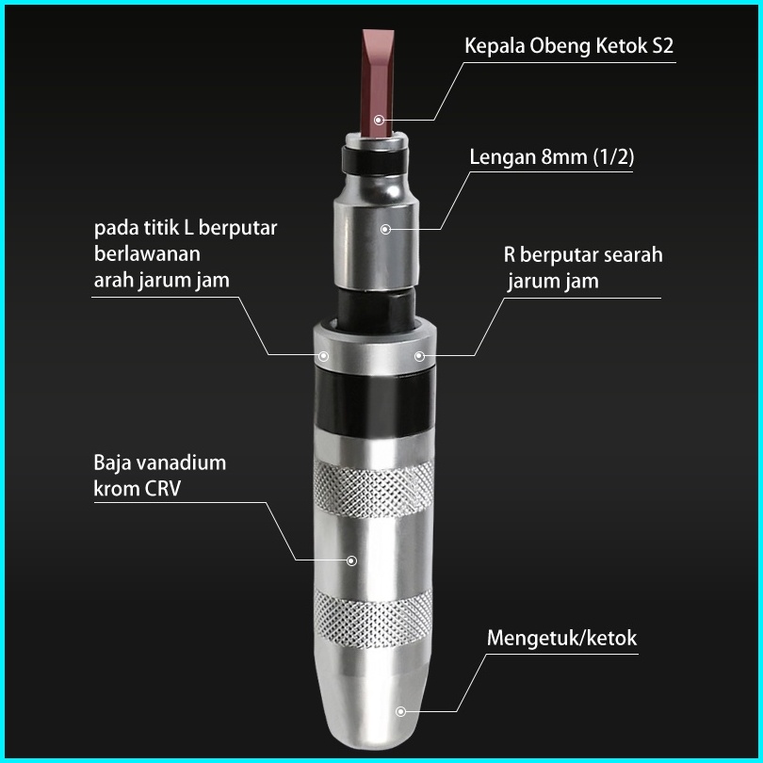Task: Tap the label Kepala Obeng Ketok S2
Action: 570,46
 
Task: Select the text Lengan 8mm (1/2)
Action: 551,156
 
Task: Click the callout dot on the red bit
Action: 378,120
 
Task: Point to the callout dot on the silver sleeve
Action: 385,229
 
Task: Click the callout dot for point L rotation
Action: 323,355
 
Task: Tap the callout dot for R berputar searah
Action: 419,355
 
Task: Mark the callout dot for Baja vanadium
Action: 351,560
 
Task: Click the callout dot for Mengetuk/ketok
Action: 400,712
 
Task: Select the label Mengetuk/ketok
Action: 561,638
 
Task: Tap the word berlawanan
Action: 148,254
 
